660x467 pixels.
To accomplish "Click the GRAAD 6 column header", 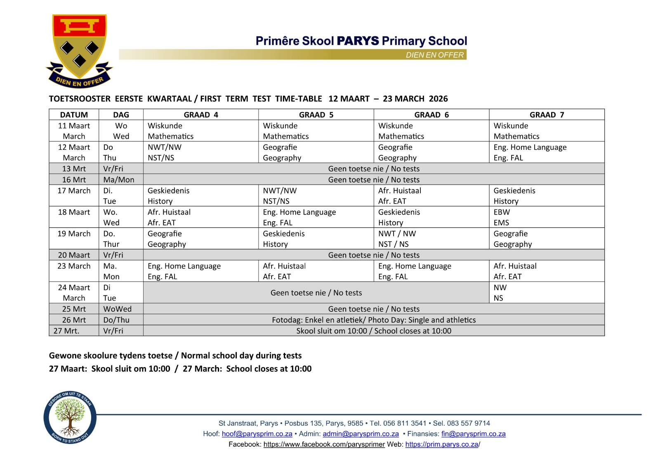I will pyautogui.click(x=431, y=115).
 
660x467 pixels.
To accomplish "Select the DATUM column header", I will pyautogui.click(x=74, y=115).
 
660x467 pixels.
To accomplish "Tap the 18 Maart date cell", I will pyautogui.click(x=74, y=212).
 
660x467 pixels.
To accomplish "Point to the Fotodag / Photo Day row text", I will pyautogui.click(x=373, y=320).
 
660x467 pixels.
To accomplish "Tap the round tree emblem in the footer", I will pyautogui.click(x=70, y=417).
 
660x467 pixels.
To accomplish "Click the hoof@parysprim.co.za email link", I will pyautogui.click(x=257, y=434).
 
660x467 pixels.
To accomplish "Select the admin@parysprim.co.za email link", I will pyautogui.click(x=361, y=434).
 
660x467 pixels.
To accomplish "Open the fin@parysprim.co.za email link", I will pyautogui.click(x=473, y=434).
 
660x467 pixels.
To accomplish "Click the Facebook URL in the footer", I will pyautogui.click(x=324, y=445).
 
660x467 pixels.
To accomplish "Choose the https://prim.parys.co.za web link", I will pyautogui.click(x=441, y=445).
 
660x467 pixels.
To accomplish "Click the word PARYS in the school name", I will pyautogui.click(x=358, y=41).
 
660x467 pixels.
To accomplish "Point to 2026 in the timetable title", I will pyautogui.click(x=438, y=99).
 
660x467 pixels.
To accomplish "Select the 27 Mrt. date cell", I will pyautogui.click(x=66, y=331).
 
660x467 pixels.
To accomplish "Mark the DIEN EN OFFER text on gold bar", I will pyautogui.click(x=434, y=55).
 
